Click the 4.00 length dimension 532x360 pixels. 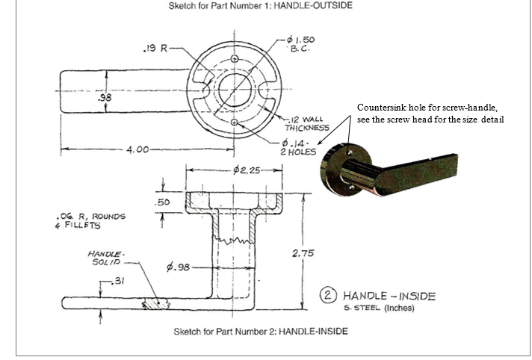tap(137, 149)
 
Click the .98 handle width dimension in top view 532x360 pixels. tap(105, 97)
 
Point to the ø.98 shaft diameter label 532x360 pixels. tap(177, 267)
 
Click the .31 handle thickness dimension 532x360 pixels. tap(115, 280)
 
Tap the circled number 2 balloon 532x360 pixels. tap(328, 295)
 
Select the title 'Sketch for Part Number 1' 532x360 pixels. tap(266, 7)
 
